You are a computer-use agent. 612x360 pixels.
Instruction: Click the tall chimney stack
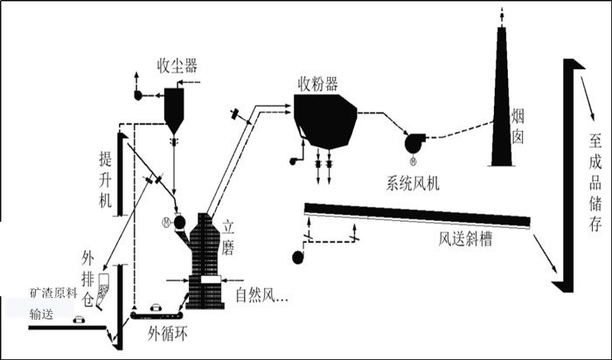point(502,96)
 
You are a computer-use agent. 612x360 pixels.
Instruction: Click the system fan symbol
point(414,142)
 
